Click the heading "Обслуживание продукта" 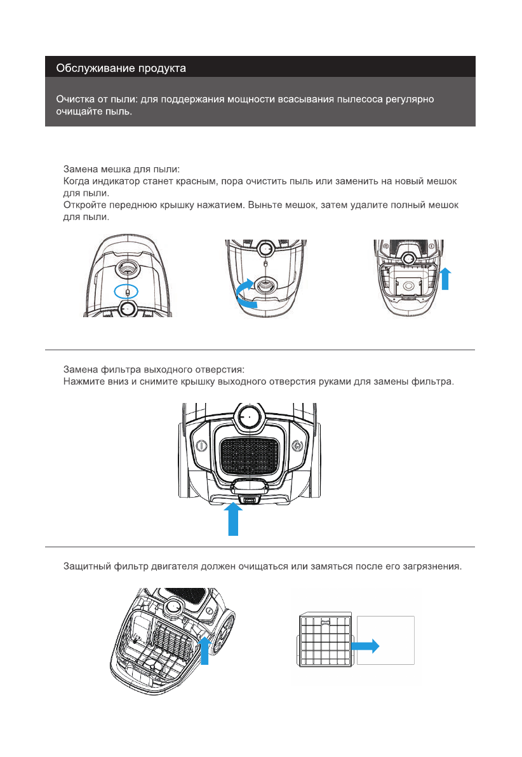coord(121,67)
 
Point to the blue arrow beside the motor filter coord(204,651)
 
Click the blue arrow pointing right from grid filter coord(366,646)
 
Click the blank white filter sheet coord(385,639)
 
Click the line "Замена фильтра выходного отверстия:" coord(154,369)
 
